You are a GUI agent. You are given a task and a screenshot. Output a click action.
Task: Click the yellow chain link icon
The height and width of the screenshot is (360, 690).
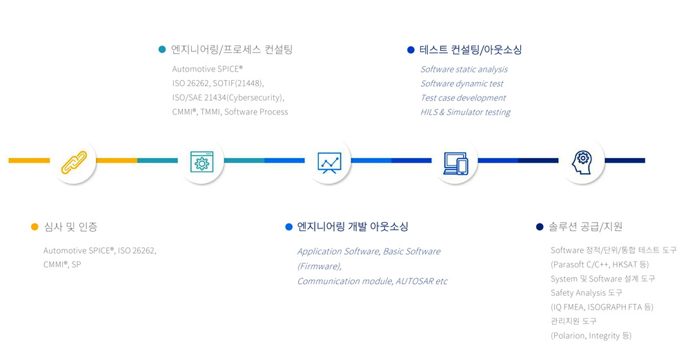coord(74,162)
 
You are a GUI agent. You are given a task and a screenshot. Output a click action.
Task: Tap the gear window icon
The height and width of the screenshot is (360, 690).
coord(201,161)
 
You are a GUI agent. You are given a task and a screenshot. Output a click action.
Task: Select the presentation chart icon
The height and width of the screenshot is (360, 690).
coord(329,162)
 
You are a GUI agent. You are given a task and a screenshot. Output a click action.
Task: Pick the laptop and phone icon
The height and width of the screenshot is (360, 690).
coord(456,163)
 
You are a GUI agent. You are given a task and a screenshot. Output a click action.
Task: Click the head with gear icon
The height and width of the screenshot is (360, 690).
coord(582,162)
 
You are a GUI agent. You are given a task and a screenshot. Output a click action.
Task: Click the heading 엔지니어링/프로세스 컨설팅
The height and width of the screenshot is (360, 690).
coord(232,49)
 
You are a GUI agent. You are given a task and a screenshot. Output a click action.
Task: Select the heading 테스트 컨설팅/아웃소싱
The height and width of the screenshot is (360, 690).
coord(471,50)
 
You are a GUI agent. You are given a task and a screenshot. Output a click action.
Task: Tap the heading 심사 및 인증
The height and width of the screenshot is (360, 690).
coord(70,227)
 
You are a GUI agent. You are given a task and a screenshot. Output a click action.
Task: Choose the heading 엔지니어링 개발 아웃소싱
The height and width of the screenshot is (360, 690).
coord(353,227)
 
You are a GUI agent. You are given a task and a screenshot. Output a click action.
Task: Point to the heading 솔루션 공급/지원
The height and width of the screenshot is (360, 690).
coord(585,227)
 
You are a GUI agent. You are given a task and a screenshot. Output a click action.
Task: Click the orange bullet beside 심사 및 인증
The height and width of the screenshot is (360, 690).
coord(34,227)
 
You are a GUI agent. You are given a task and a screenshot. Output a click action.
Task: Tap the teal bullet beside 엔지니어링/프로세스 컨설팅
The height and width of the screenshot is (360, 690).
coord(162,49)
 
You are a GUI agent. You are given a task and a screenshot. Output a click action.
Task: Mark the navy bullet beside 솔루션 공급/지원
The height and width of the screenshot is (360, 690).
coord(540,227)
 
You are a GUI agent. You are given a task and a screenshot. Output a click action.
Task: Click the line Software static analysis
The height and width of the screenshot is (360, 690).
coord(464,69)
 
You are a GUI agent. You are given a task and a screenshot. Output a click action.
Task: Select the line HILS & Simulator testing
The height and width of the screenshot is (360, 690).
coord(465,112)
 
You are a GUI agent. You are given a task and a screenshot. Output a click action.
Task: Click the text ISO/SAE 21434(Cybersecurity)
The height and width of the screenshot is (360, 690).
coord(228,98)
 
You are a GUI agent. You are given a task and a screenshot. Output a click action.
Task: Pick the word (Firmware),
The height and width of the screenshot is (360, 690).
coord(319,266)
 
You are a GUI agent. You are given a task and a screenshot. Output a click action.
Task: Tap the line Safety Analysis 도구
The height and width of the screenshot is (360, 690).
coord(586,292)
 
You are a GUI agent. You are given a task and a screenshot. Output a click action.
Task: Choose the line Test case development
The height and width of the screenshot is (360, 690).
coord(463,98)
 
